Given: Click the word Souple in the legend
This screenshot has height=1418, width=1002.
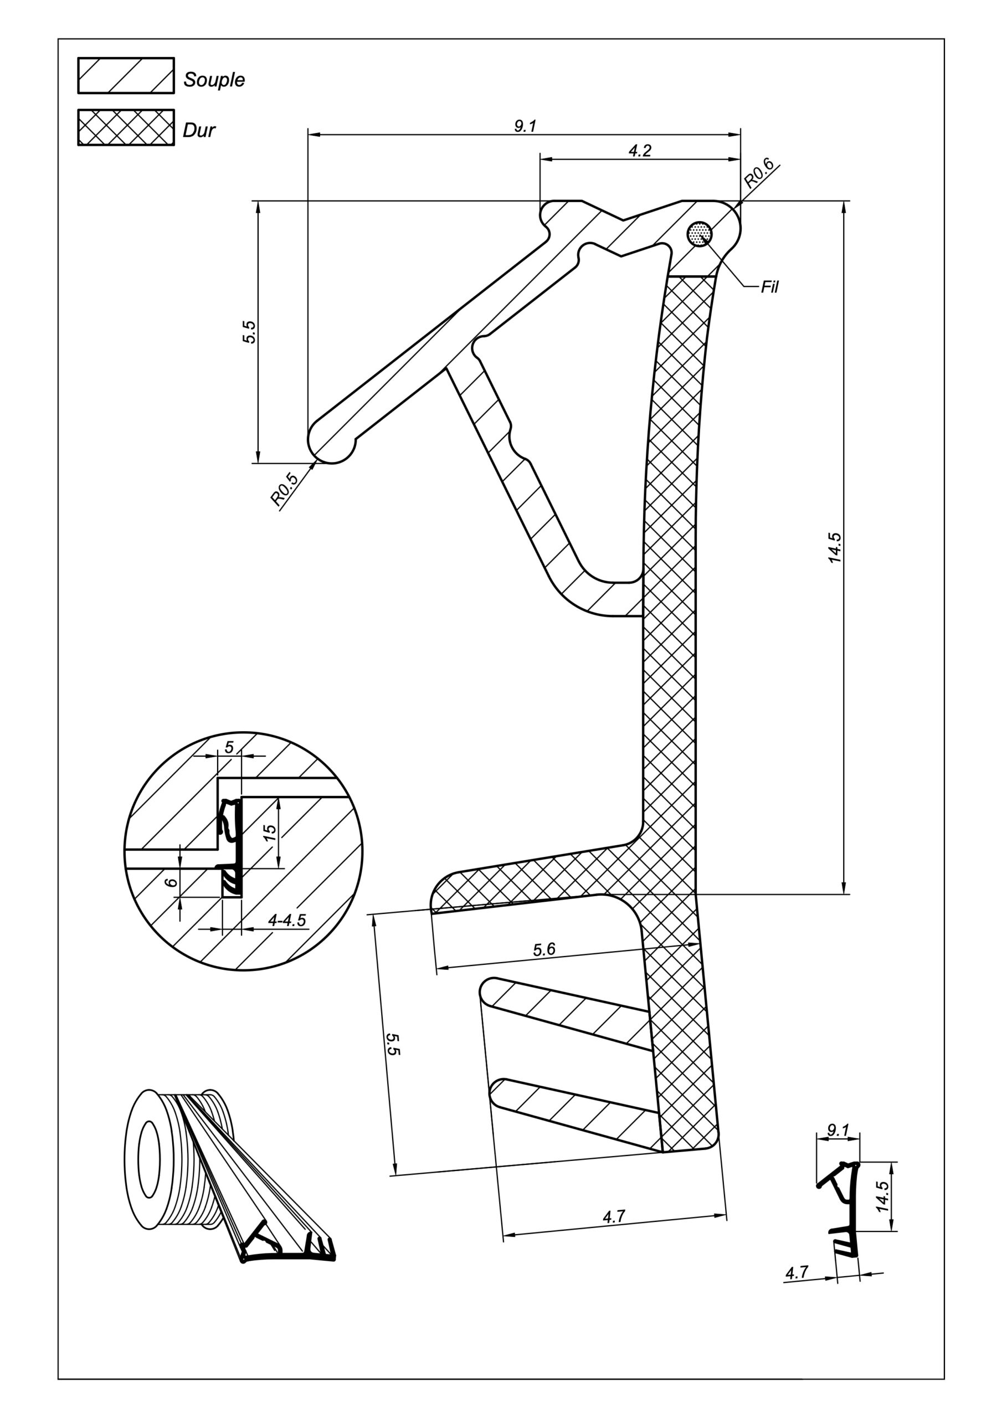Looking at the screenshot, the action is [x=214, y=80].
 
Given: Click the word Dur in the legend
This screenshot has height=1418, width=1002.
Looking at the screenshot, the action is [x=199, y=130].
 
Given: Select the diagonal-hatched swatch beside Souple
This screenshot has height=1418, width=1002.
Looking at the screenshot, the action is [x=126, y=75].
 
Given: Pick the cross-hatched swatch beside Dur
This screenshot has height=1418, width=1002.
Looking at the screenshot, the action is [x=126, y=127].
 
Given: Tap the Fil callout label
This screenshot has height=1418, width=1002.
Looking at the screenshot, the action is [x=770, y=286].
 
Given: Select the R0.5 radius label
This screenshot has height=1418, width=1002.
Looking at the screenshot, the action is [x=284, y=489].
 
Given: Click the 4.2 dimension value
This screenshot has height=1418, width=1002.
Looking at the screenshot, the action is [x=639, y=150].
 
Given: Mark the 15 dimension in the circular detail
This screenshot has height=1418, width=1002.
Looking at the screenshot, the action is [x=270, y=833].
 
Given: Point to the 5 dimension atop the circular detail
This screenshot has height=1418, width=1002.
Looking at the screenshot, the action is [x=229, y=747].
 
